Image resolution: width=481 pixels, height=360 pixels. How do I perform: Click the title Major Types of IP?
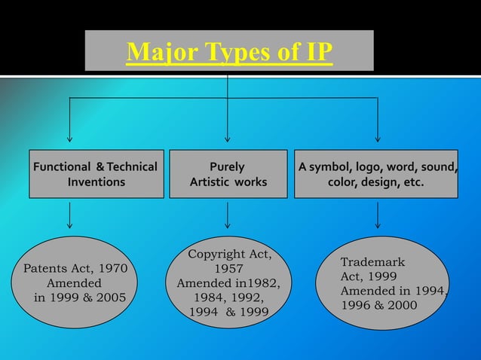point(229,53)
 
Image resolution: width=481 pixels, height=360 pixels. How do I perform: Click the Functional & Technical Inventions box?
point(96,174)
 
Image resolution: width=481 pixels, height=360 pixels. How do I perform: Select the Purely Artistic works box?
point(228,174)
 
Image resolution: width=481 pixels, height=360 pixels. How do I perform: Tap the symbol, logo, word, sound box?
point(375,174)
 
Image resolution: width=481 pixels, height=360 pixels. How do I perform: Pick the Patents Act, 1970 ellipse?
point(75,282)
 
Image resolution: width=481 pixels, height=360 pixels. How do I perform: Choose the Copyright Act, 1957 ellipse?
point(228,282)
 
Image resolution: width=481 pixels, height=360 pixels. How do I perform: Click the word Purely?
point(227,166)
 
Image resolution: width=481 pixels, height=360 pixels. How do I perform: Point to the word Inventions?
point(97,182)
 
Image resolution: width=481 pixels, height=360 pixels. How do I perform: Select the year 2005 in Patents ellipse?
point(109,297)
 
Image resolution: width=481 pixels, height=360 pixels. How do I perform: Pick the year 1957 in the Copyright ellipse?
point(228,269)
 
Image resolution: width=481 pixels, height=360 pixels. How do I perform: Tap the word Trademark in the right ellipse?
point(372,262)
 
